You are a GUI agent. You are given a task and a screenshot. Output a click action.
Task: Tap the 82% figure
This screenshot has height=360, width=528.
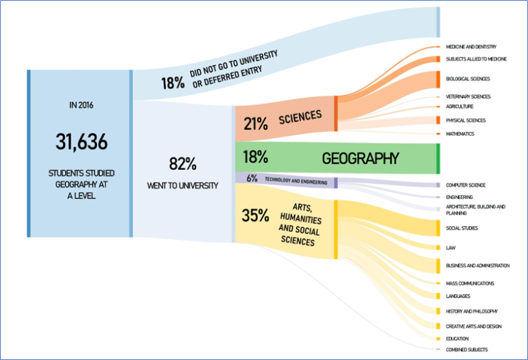pyautogui.click(x=182, y=164)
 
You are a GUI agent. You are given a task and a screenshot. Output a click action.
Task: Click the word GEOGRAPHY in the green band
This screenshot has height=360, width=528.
pyautogui.click(x=360, y=158)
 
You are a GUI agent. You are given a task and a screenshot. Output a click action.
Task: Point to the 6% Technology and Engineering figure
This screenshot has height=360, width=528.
pyautogui.click(x=252, y=179)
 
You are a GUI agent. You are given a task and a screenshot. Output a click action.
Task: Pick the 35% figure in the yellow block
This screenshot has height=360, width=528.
pyautogui.click(x=255, y=215)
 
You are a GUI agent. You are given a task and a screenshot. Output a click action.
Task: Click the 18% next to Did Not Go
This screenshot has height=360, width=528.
pyautogui.click(x=172, y=83)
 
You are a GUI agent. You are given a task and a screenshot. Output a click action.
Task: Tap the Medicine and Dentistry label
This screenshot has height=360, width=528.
pyautogui.click(x=470, y=47)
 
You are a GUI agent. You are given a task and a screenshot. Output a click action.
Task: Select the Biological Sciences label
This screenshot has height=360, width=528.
pyautogui.click(x=468, y=79)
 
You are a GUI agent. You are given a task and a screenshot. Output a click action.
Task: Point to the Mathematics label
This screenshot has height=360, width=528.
pyautogui.click(x=459, y=134)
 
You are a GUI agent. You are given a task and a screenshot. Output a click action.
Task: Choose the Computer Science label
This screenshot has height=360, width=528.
pyautogui.click(x=465, y=185)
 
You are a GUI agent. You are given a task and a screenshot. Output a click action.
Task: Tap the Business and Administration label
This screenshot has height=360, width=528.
pyautogui.click(x=477, y=266)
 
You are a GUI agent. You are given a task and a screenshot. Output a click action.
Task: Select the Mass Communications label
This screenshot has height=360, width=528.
pyautogui.click(x=470, y=283)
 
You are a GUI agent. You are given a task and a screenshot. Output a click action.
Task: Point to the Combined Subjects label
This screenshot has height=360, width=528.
pyautogui.click(x=468, y=349)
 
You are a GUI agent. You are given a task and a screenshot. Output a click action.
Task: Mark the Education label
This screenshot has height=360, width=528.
pyautogui.click(x=457, y=338)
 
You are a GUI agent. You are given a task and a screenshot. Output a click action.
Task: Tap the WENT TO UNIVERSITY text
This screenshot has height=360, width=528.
pyautogui.click(x=183, y=185)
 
